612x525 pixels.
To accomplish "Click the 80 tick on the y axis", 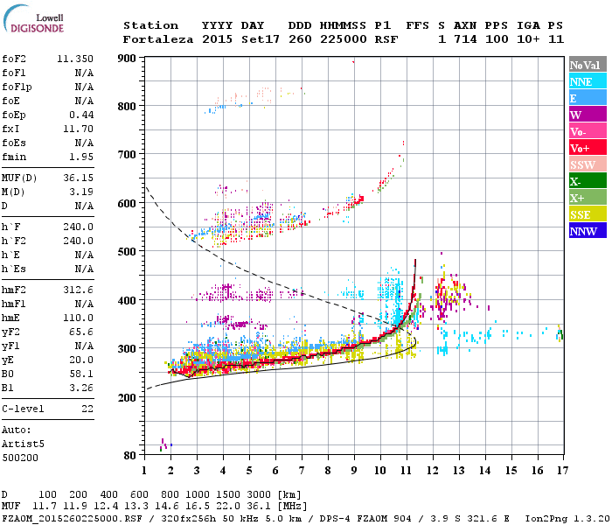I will (128, 455).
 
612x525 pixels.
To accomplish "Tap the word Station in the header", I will (150, 25).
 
